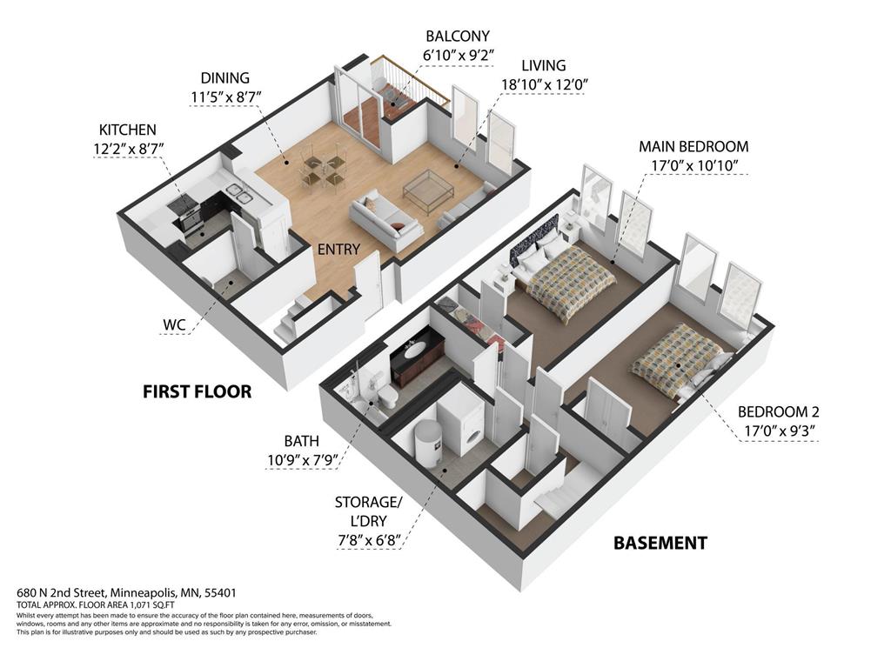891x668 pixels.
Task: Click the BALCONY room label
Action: [457, 37]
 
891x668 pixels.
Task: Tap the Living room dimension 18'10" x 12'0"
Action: [545, 85]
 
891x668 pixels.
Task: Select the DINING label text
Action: [224, 78]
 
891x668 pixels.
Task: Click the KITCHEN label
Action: [127, 130]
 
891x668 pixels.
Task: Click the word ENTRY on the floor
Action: [338, 250]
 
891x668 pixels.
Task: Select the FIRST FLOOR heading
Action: [197, 392]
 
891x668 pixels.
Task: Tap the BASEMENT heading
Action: [660, 544]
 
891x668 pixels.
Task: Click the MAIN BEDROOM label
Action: [693, 146]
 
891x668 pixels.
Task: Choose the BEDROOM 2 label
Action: [778, 412]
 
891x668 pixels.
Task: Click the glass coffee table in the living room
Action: [426, 190]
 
